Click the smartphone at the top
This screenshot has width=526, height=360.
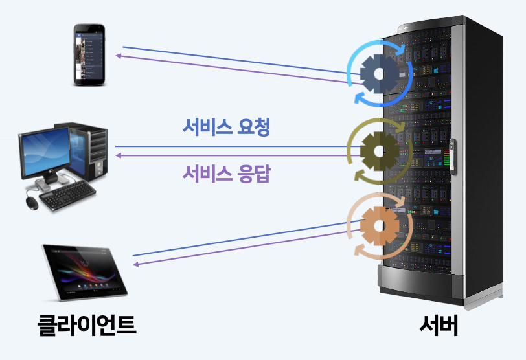click(x=88, y=54)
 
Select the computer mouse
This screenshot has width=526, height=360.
click(x=32, y=203)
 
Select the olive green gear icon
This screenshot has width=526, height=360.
click(x=379, y=150)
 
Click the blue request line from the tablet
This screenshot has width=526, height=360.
click(x=240, y=239)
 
